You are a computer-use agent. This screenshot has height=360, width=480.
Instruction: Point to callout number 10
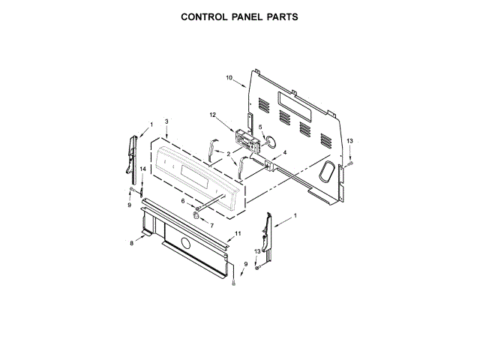tap(229, 77)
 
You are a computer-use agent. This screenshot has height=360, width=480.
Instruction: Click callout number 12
tap(212, 115)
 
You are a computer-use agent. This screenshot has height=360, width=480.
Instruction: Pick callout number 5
tap(261, 127)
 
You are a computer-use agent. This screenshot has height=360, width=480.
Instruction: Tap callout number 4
tap(283, 152)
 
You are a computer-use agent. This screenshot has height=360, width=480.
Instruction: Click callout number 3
tap(166, 121)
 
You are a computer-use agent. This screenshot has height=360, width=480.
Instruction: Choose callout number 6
tap(183, 201)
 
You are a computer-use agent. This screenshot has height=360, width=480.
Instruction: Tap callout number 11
tap(238, 235)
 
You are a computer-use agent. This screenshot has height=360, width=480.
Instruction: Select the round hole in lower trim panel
tap(184, 242)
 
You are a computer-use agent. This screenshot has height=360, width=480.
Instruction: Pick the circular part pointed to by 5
tap(271, 142)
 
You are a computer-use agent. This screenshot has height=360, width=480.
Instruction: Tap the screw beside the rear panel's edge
tap(350, 163)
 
